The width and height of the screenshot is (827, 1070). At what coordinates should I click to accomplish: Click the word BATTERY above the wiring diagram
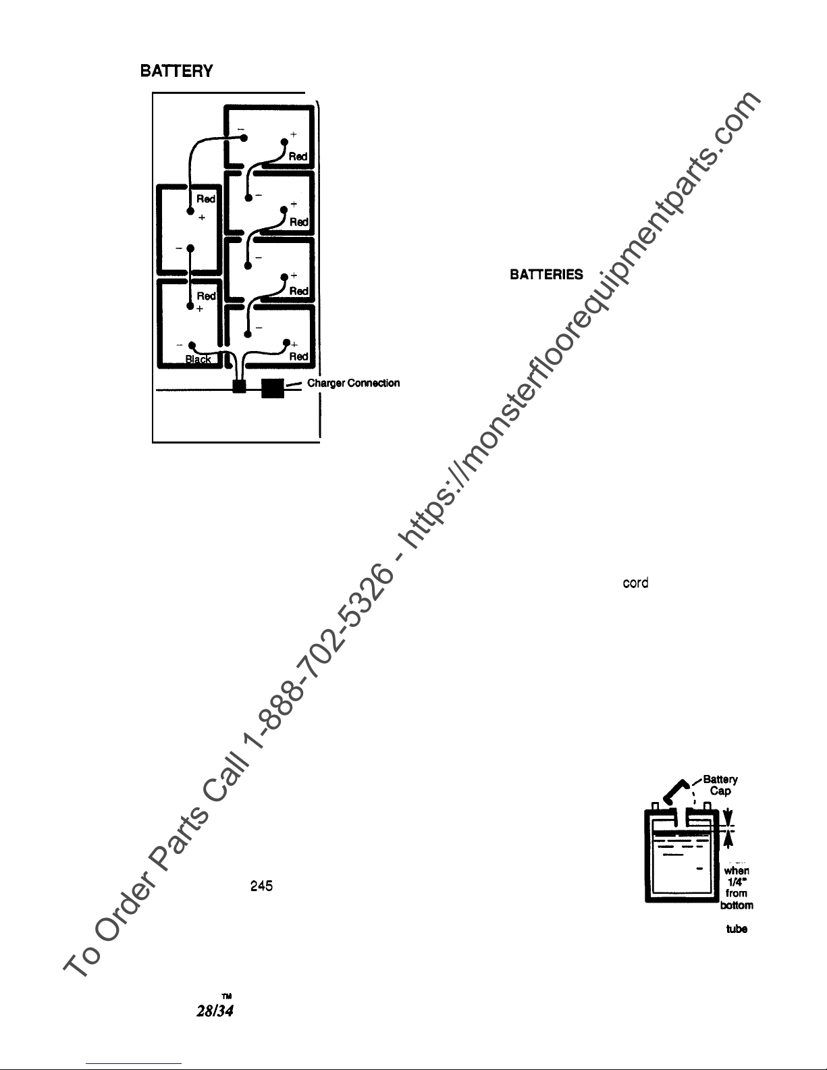coord(176,71)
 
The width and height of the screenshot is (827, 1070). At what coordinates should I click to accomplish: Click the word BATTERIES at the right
coord(546,275)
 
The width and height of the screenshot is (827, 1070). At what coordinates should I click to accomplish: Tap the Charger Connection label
coord(353,383)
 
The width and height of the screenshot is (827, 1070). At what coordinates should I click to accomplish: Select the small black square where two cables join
coord(238,387)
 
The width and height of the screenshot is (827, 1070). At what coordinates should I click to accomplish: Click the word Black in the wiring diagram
coord(198,360)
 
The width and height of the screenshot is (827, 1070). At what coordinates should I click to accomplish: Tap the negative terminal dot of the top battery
coord(244,138)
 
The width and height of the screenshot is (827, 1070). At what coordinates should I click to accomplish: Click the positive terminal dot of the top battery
coord(284,142)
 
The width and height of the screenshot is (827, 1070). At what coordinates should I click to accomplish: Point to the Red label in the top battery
coord(298,156)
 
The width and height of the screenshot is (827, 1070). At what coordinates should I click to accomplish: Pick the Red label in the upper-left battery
coord(206,199)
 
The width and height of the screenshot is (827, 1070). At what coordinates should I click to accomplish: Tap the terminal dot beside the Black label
coord(192,344)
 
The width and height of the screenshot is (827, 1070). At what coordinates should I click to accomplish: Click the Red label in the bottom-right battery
coord(298,356)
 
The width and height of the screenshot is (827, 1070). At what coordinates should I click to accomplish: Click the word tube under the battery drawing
coord(736,929)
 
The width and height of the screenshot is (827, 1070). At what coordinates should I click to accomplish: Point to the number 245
coord(261,886)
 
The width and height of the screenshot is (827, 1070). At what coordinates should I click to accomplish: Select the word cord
coord(635,583)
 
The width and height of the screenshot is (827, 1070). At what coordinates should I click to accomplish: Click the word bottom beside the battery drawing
coord(737,905)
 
